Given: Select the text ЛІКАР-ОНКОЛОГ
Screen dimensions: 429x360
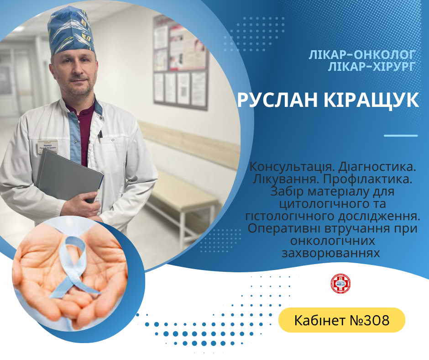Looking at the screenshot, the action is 362,55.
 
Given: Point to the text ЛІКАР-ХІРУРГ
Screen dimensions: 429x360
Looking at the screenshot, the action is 372,67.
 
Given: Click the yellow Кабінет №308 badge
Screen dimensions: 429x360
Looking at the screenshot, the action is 342,320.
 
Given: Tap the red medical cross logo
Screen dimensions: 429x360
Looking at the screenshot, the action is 340,284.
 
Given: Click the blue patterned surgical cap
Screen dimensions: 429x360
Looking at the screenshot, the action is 71,30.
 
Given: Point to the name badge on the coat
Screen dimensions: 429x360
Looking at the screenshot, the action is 48,146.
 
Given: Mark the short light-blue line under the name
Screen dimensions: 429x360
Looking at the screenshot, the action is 401,136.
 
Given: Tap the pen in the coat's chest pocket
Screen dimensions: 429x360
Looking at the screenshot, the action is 100,134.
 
